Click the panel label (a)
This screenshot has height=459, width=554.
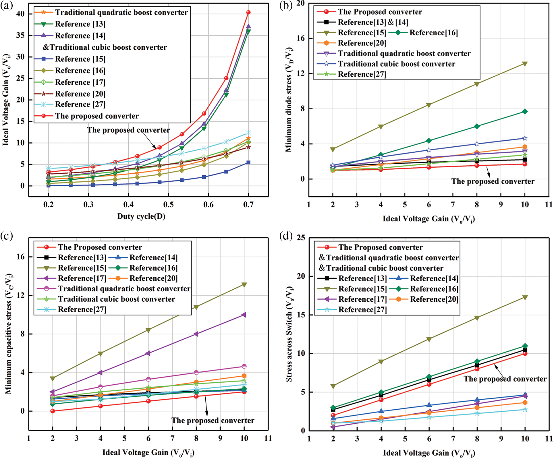(6, 6)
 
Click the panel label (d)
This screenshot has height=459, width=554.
(286, 236)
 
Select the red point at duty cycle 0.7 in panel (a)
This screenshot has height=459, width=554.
(248, 12)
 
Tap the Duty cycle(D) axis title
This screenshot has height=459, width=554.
(141, 216)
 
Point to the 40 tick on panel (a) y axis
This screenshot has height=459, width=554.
(20, 14)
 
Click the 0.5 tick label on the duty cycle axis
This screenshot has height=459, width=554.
(168, 204)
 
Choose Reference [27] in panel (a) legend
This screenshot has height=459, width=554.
(80, 104)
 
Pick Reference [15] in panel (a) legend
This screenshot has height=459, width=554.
(80, 59)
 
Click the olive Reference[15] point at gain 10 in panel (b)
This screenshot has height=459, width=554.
(525, 64)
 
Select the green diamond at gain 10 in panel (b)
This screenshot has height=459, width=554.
(525, 111)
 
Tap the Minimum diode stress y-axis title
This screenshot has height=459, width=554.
(289, 99)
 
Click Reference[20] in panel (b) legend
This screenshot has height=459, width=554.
(362, 43)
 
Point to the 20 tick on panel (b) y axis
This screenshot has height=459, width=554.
(300, 3)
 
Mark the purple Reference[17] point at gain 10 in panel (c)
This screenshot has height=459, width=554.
(244, 315)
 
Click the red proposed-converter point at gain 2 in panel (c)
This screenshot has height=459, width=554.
(53, 411)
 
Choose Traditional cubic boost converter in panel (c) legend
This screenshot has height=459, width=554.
(116, 299)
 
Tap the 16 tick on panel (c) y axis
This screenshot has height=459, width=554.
(20, 257)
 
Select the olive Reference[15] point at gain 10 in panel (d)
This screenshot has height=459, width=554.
(525, 297)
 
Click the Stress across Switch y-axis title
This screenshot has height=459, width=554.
(289, 334)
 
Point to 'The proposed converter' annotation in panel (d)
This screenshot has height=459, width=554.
(505, 379)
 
